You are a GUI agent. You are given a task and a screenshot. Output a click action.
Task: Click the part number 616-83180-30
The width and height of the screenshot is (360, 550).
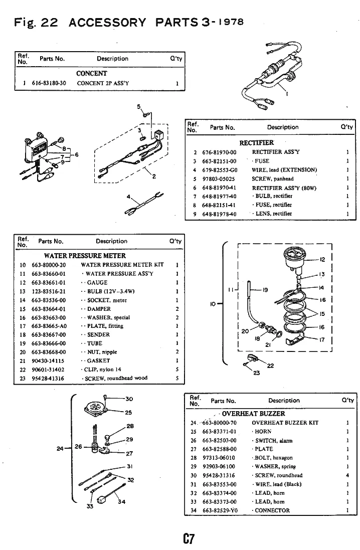click(x=49, y=83)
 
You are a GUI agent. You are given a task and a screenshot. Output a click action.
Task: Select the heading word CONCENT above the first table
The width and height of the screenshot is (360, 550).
click(x=92, y=73)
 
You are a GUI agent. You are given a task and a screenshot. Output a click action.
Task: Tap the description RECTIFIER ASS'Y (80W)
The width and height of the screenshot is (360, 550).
click(x=284, y=188)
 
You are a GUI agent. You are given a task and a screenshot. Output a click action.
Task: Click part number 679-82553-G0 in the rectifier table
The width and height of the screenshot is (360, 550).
click(x=220, y=170)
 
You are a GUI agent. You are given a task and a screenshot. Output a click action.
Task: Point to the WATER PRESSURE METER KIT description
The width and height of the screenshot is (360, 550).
click(x=122, y=265)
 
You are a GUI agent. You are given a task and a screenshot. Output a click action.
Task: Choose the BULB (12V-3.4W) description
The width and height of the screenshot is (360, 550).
click(x=111, y=291)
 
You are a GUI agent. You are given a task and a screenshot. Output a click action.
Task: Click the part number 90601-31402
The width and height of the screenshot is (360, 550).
click(x=48, y=370)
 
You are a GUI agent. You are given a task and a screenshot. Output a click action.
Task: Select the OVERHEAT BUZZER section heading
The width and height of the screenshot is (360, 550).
click(x=253, y=414)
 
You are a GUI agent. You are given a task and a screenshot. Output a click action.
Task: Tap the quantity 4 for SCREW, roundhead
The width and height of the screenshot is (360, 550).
click(x=347, y=475)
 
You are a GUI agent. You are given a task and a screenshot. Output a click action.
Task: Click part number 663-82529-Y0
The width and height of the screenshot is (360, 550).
click(x=220, y=510)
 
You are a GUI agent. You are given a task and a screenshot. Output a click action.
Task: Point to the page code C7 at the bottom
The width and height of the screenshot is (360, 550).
click(x=189, y=538)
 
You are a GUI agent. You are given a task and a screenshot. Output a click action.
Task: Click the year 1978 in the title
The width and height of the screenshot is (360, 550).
click(x=230, y=22)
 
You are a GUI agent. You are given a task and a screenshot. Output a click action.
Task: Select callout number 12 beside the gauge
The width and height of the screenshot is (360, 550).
click(x=322, y=260)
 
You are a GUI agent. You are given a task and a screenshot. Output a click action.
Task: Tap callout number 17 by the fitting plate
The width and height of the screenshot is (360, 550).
click(x=322, y=339)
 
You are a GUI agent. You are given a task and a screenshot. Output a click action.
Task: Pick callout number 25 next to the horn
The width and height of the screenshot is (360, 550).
click(x=128, y=413)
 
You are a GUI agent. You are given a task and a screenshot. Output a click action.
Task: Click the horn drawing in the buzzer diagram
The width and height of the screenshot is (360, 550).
click(x=96, y=408)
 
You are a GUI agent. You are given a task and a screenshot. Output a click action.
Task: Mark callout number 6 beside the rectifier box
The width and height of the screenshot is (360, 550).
click(x=77, y=155)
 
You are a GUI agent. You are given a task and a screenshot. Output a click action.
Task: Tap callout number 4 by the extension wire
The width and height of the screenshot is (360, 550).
click(x=128, y=197)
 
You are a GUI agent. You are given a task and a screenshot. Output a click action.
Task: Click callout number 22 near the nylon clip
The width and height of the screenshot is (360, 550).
click(x=270, y=365)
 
